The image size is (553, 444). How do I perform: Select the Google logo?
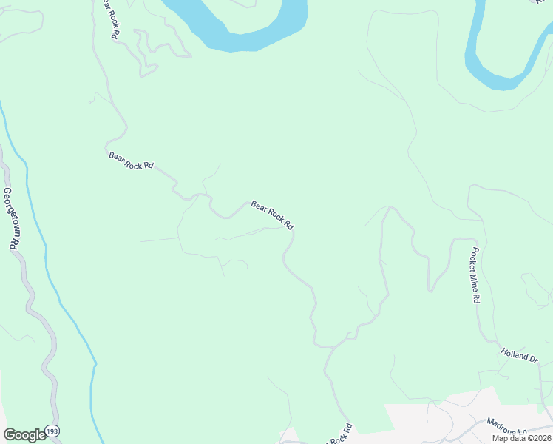point(24,435)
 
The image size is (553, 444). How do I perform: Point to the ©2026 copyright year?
point(539,438)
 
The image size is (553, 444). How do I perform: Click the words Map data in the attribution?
point(509,438)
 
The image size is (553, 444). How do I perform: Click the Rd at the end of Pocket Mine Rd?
point(478,298)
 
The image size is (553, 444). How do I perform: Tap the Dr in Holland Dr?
point(534,358)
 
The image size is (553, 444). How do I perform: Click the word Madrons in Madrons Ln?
point(501,425)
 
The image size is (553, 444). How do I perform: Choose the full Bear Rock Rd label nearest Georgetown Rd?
point(130,161)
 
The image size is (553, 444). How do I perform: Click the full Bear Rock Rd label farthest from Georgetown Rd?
point(273,215)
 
